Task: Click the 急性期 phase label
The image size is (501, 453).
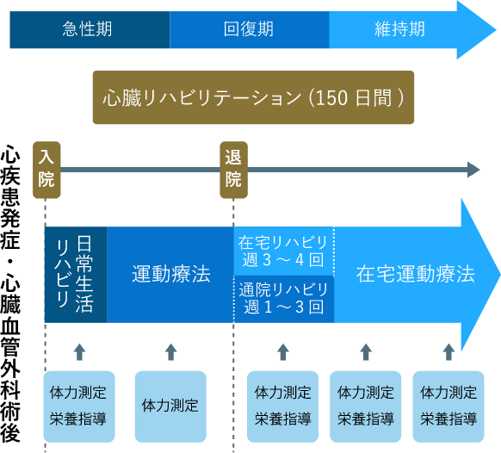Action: (x=87, y=29)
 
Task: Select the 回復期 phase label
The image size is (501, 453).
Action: (x=248, y=29)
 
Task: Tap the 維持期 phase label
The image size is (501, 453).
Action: (x=399, y=29)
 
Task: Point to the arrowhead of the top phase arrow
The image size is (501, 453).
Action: (x=476, y=29)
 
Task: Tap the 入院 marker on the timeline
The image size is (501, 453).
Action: (x=46, y=168)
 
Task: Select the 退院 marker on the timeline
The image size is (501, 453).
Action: (x=233, y=168)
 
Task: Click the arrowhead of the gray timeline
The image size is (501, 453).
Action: (x=473, y=169)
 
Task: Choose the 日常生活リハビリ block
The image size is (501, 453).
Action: (x=75, y=274)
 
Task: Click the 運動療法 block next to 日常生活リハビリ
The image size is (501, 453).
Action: (x=170, y=275)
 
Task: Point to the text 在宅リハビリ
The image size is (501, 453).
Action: (x=283, y=241)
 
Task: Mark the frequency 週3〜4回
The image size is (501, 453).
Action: (x=283, y=259)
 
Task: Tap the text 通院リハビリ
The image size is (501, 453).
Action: (x=283, y=289)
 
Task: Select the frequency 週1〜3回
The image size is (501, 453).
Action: (x=283, y=307)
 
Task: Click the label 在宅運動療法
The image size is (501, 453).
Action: (x=415, y=275)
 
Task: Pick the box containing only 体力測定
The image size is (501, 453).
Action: (x=170, y=406)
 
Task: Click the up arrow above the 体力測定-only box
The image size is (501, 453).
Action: (x=170, y=351)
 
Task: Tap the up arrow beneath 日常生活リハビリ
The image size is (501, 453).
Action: (x=79, y=351)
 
